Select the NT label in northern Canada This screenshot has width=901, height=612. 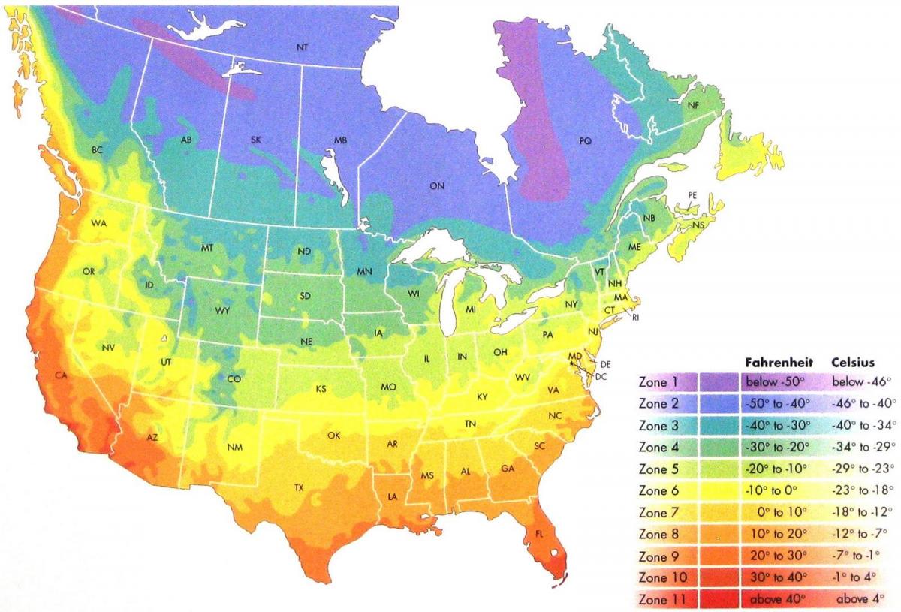(x=302, y=47)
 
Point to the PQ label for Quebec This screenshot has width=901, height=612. (x=586, y=140)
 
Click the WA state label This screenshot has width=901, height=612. (x=98, y=223)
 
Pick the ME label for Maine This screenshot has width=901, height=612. (x=634, y=247)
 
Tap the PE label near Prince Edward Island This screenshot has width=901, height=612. (x=692, y=195)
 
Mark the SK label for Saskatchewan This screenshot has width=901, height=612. (x=255, y=140)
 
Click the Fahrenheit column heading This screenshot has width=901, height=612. (x=779, y=360)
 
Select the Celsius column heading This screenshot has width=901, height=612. (x=855, y=360)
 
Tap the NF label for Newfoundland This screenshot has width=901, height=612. (x=693, y=107)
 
